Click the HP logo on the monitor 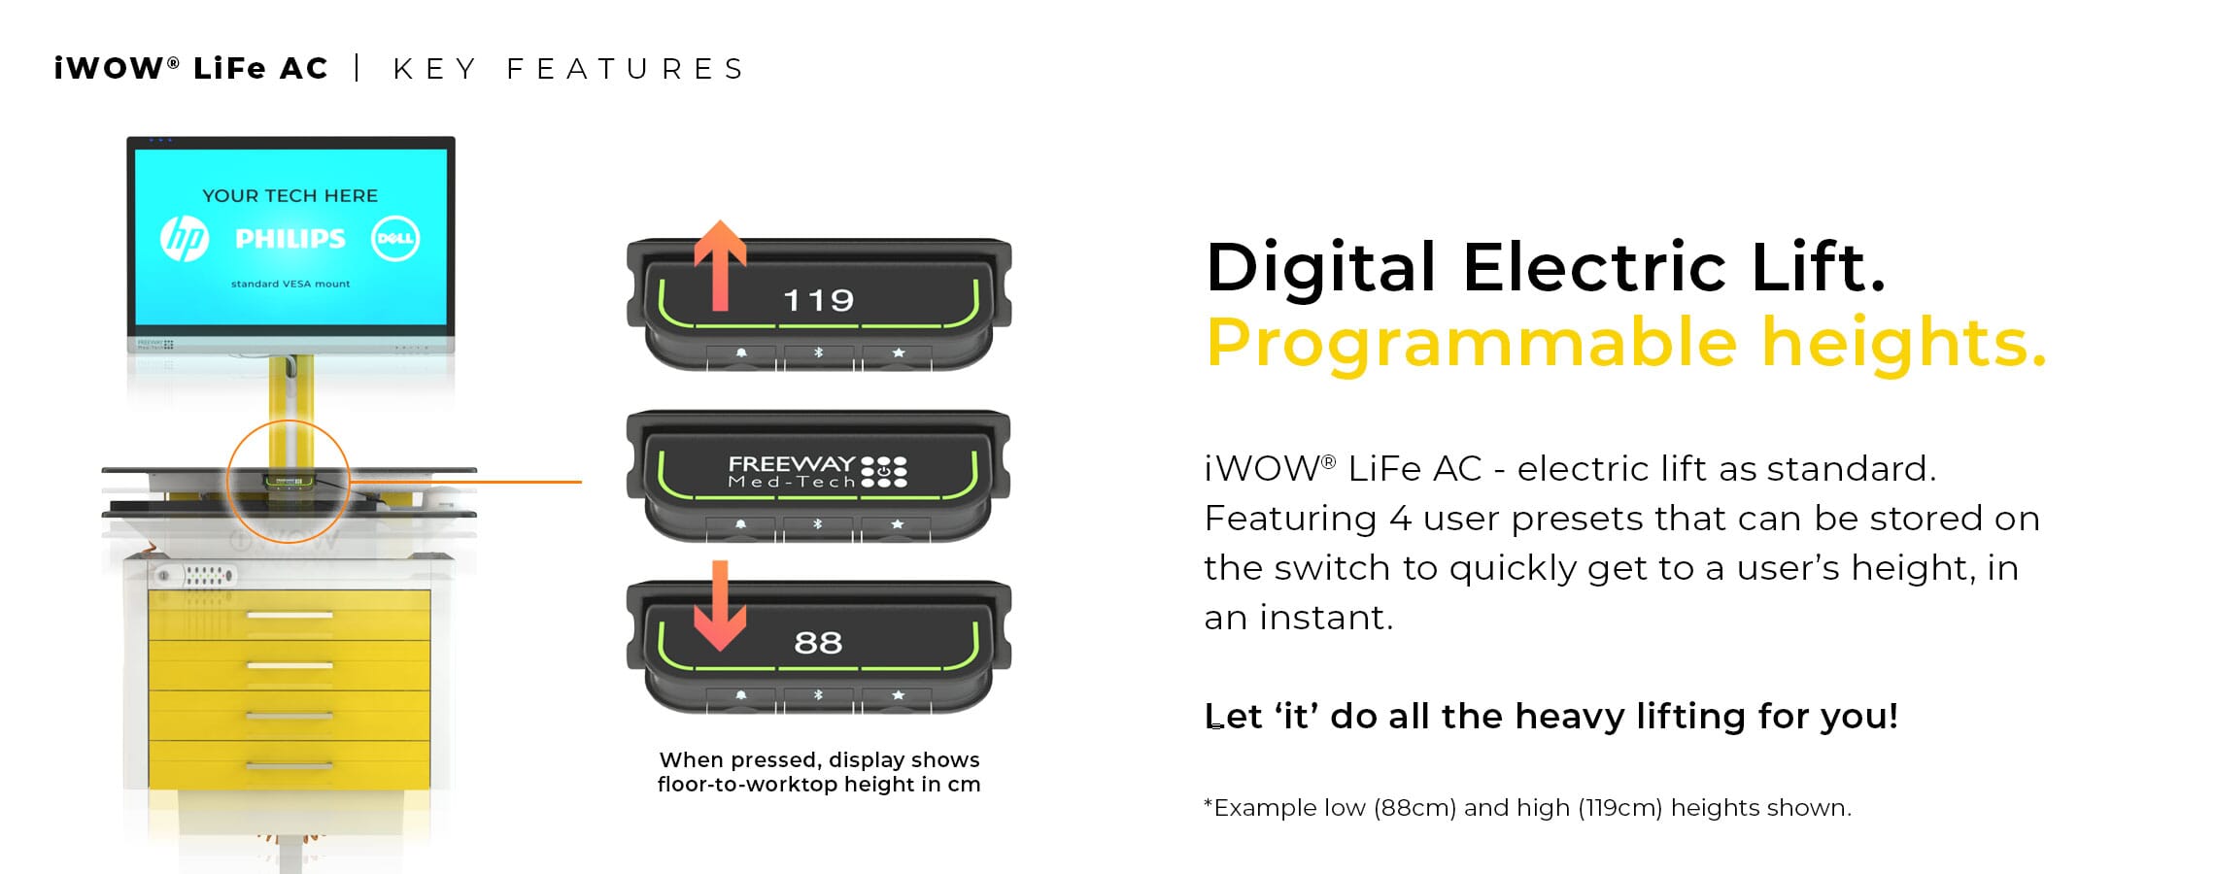point(185,238)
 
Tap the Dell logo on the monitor point(395,238)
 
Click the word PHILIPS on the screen point(290,239)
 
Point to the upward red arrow point(720,265)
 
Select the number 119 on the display point(819,300)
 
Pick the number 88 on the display point(818,642)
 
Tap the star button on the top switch point(898,353)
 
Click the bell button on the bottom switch point(741,695)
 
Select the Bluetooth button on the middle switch point(818,524)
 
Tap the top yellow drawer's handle point(290,615)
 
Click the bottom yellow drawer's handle point(290,766)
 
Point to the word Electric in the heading point(1594,267)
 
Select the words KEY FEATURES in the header point(568,69)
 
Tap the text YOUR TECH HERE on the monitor point(290,195)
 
